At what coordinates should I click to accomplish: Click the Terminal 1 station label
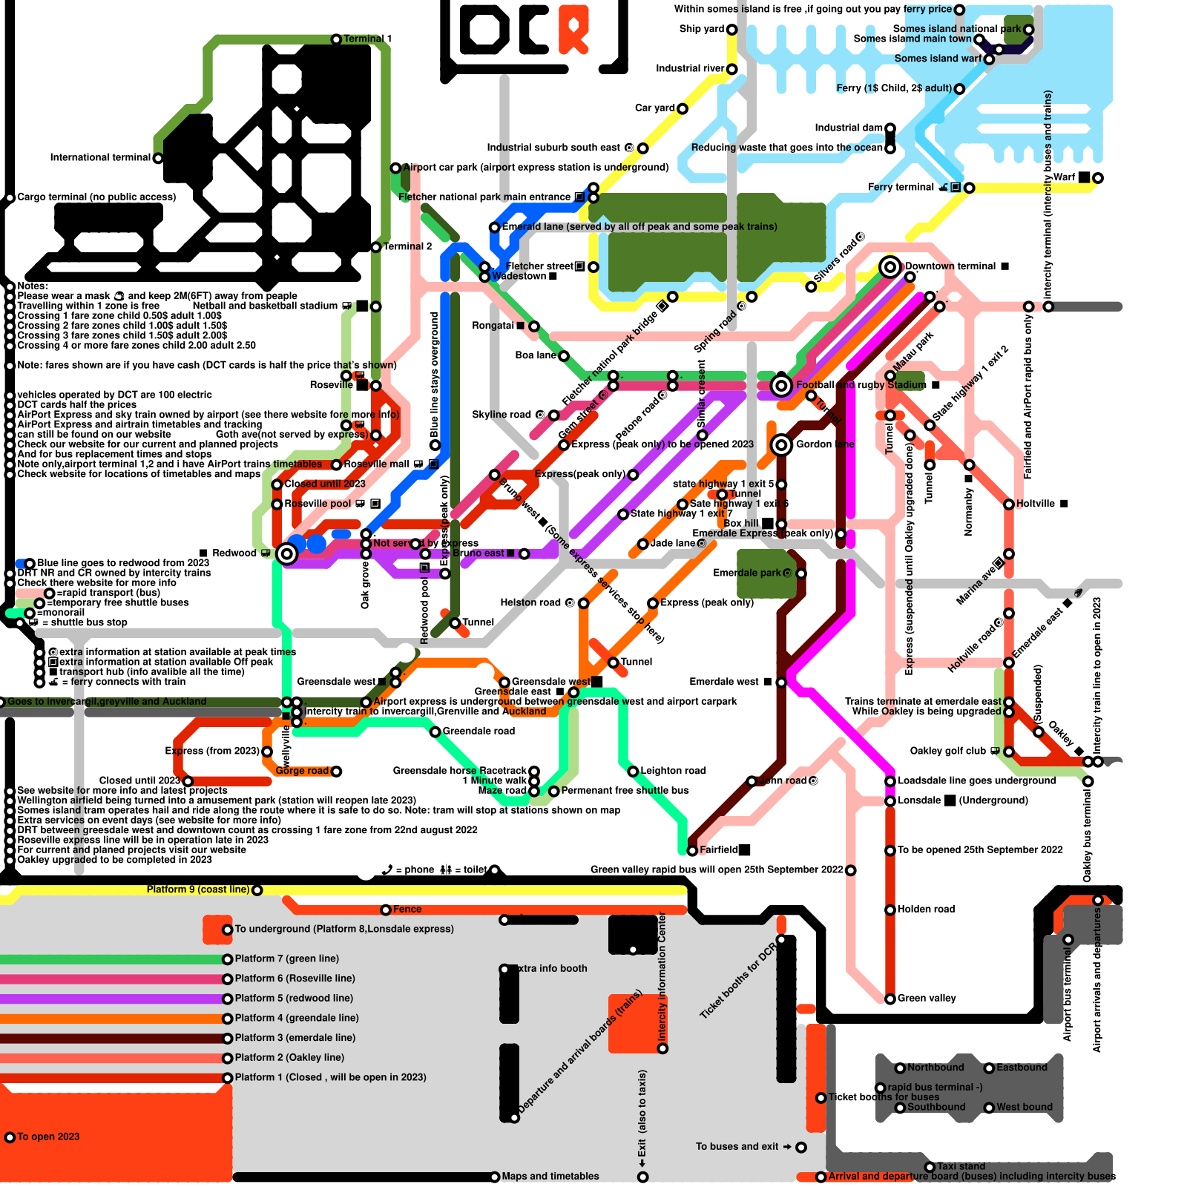point(367,39)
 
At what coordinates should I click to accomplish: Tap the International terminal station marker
point(158,158)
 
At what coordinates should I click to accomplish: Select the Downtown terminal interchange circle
point(890,267)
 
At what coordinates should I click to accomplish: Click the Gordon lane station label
point(825,444)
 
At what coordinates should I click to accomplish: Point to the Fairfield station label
point(718,849)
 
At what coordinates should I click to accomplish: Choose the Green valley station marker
point(890,999)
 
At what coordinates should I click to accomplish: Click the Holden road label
point(926,909)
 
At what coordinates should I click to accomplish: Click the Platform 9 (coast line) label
point(197,890)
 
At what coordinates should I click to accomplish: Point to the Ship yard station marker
point(731,30)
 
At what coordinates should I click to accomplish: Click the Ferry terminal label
point(901,187)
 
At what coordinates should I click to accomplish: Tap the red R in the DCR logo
point(573,28)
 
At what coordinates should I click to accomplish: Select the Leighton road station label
point(673,771)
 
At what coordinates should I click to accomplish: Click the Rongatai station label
point(493,326)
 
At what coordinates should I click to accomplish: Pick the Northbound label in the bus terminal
point(936,1068)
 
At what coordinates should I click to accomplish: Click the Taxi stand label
point(961,1166)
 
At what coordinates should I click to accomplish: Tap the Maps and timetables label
point(550,1176)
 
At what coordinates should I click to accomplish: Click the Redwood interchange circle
point(286,553)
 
